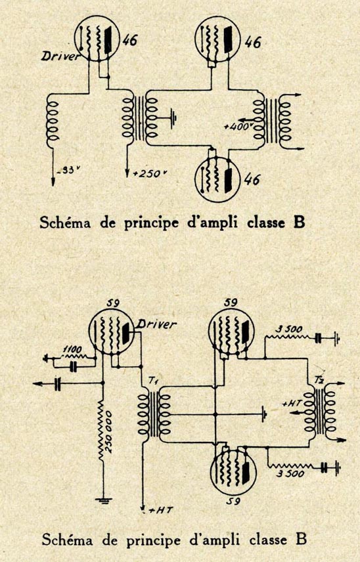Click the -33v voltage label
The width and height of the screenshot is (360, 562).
click(66, 170)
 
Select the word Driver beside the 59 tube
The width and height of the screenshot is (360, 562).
click(157, 325)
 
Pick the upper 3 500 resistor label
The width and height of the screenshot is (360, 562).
click(288, 330)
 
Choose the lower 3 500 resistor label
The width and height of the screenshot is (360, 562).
click(290, 473)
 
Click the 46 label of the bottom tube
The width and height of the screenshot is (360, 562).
click(253, 179)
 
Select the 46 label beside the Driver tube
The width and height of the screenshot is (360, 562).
click(129, 41)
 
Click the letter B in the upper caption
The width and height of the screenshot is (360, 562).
click(300, 223)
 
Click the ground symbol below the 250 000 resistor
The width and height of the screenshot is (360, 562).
click(103, 500)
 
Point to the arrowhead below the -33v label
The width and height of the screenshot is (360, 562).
click(53, 181)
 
